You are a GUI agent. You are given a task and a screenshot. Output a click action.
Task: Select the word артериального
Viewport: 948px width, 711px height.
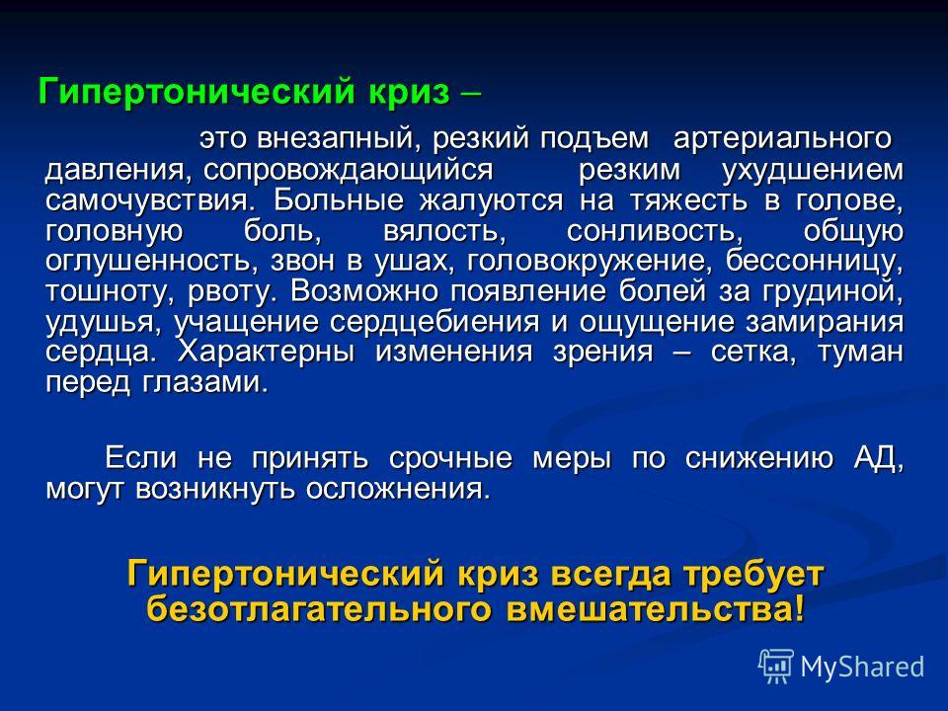(x=782, y=138)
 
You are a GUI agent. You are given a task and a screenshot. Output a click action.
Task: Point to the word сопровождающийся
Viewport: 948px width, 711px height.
(x=348, y=171)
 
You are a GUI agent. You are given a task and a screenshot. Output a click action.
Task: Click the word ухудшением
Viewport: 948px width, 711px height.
(x=813, y=171)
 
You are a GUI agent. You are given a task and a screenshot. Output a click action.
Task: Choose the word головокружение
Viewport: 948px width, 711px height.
(x=587, y=261)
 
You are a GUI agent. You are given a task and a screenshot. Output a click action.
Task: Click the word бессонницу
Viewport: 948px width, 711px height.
(x=815, y=261)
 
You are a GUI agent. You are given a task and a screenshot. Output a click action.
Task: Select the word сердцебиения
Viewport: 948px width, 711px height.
(x=434, y=322)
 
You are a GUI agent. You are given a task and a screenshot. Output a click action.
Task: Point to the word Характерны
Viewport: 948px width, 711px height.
(x=266, y=352)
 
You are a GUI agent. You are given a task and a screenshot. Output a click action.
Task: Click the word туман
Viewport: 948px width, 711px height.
(x=860, y=352)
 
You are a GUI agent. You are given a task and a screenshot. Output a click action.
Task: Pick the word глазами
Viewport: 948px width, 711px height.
(x=205, y=382)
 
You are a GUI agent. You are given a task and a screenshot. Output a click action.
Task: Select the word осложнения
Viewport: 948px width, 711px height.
(x=398, y=489)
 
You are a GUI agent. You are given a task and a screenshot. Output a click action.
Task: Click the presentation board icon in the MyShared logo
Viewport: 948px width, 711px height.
(x=776, y=667)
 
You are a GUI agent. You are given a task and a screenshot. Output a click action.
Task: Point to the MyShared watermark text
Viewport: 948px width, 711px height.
(x=862, y=667)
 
